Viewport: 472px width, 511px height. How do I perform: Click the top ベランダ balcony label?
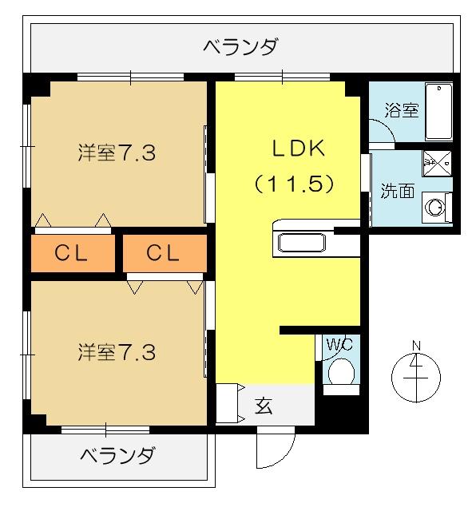point(240,46)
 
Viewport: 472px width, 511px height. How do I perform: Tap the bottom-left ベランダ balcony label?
point(118,457)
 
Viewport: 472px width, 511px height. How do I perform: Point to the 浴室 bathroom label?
point(402,110)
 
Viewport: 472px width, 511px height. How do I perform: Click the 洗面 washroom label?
point(398,192)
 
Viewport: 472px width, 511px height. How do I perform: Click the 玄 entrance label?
point(264,406)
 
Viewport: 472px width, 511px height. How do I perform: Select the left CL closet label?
point(72,254)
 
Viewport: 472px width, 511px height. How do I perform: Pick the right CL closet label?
point(165,254)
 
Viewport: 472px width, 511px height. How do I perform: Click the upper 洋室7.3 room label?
point(117,153)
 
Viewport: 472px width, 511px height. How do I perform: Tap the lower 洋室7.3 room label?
point(117,351)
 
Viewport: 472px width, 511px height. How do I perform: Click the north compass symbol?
point(416,374)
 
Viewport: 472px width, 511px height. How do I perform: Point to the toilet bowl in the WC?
point(342,372)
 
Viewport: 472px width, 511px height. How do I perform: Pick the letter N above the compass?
point(416,346)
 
